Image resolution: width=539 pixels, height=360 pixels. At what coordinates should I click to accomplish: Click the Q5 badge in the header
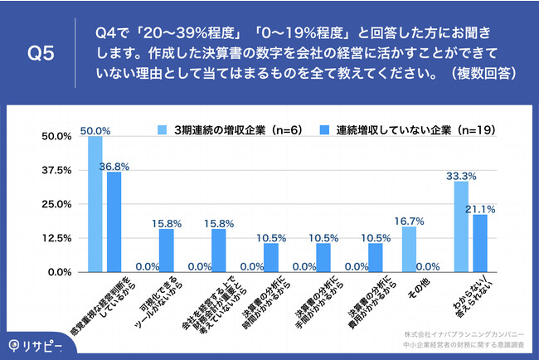coord(41,52)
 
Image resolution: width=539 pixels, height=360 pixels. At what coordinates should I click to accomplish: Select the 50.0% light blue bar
coord(95,204)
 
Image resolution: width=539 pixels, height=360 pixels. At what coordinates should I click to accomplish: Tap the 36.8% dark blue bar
coord(114,221)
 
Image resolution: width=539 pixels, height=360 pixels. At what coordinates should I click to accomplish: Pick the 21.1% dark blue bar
coord(480,243)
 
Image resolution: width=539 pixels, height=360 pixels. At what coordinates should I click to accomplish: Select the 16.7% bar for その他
coord(409,249)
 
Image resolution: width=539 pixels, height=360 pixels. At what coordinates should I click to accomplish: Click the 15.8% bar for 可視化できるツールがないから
coord(167,251)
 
